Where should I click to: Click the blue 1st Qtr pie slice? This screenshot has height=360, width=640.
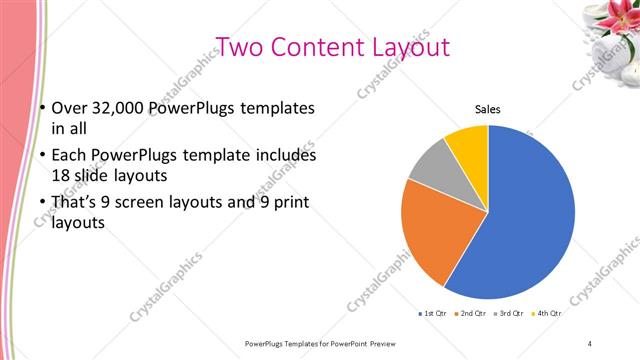click(x=530, y=215)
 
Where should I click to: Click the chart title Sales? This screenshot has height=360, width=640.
click(x=487, y=109)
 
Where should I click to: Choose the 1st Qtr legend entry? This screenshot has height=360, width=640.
click(x=433, y=314)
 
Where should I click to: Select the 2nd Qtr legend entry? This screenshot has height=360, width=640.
click(x=470, y=314)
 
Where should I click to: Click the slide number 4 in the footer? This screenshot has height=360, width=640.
click(x=590, y=343)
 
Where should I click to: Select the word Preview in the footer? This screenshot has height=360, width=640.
click(x=388, y=343)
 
